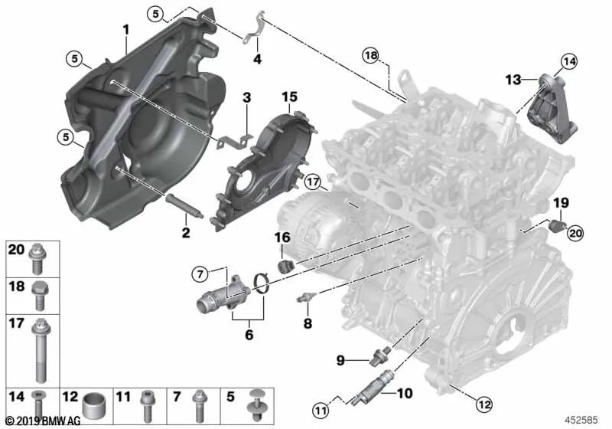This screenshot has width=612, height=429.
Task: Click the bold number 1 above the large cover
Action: tap(125, 30)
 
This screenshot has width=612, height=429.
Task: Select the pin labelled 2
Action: tap(184, 205)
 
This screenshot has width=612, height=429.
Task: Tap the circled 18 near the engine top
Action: tap(371, 55)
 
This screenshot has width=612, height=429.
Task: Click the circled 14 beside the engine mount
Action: tap(569, 61)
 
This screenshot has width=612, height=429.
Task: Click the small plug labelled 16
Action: tap(285, 265)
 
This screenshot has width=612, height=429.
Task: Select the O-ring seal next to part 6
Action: tap(262, 283)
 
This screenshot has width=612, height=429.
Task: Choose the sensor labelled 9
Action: tap(379, 355)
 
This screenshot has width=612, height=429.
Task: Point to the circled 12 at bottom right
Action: tap(484, 404)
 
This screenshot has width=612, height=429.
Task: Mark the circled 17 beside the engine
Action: tap(313, 182)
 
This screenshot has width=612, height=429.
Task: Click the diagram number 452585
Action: tap(581, 420)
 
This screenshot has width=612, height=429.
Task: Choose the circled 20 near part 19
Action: tap(575, 233)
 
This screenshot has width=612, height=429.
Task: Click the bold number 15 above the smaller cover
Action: tap(290, 97)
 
